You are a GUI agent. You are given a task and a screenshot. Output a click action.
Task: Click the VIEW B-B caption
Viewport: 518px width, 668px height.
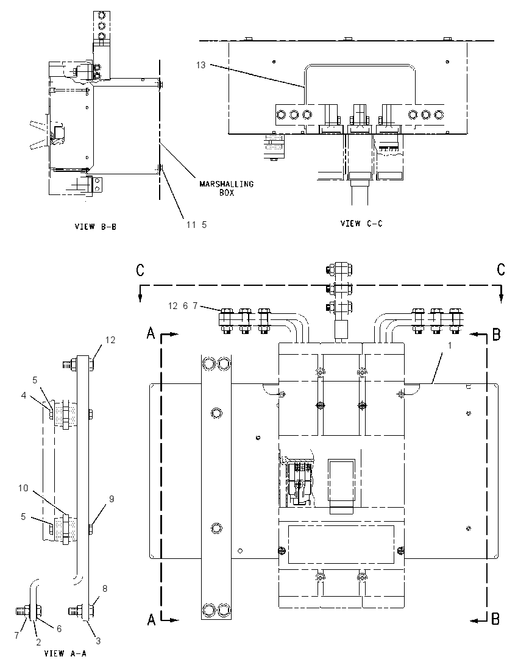pyautogui.click(x=96, y=227)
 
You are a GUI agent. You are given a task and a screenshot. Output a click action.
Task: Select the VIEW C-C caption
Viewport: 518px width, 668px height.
pyautogui.click(x=361, y=223)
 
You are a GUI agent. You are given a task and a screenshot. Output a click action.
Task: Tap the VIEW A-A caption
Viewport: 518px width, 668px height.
pyautogui.click(x=65, y=653)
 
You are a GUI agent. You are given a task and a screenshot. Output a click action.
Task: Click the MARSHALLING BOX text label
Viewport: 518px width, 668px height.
pyautogui.click(x=227, y=188)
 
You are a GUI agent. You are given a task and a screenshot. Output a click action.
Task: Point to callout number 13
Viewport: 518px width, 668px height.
pyautogui.click(x=200, y=65)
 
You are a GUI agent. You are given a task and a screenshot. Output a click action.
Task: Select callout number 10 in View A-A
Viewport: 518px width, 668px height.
pyautogui.click(x=23, y=488)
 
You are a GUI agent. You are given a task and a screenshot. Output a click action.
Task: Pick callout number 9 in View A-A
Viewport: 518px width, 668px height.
pyautogui.click(x=112, y=499)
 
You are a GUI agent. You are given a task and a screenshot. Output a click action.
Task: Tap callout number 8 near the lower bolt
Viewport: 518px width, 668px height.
pyautogui.click(x=105, y=589)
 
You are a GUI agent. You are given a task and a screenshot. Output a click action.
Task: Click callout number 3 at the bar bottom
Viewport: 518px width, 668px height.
pyautogui.click(x=98, y=641)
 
